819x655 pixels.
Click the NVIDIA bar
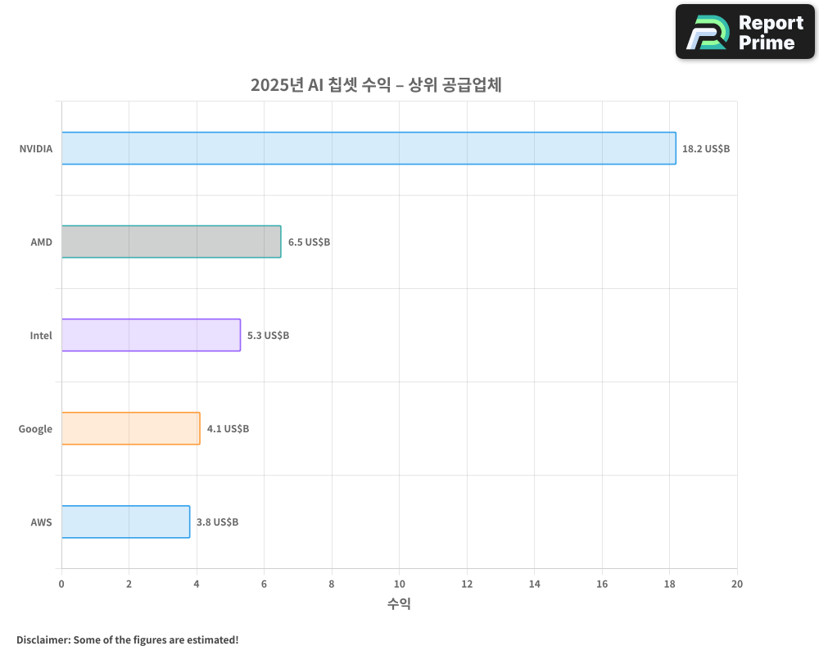(x=369, y=148)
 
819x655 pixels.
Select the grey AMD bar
(x=171, y=242)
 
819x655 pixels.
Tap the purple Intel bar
(x=151, y=335)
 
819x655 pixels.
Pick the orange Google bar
(x=130, y=428)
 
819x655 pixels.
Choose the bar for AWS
(x=125, y=522)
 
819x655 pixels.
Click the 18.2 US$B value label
(x=706, y=149)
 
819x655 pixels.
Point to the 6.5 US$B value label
(x=309, y=242)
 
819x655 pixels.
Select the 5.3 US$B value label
(x=268, y=336)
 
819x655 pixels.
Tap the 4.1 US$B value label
(x=228, y=429)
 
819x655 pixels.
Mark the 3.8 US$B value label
(x=217, y=522)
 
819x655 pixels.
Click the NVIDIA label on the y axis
(x=36, y=149)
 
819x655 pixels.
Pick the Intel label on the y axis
(x=41, y=336)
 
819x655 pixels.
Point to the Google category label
(x=35, y=429)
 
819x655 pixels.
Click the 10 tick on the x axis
(x=399, y=584)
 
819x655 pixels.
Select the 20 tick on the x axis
(x=737, y=584)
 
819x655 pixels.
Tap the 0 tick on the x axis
(x=61, y=584)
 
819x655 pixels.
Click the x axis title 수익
(x=399, y=604)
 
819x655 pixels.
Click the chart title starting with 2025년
(x=375, y=85)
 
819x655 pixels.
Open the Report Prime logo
(x=744, y=32)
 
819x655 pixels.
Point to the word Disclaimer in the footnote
(x=42, y=639)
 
